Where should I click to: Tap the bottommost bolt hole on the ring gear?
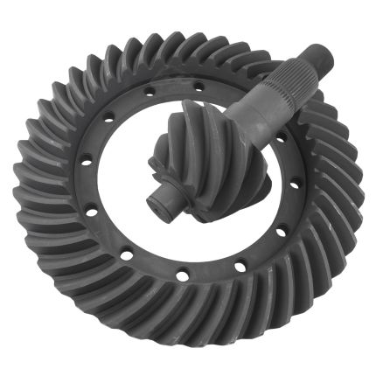(181, 277)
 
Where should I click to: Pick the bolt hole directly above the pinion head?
(198, 85)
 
